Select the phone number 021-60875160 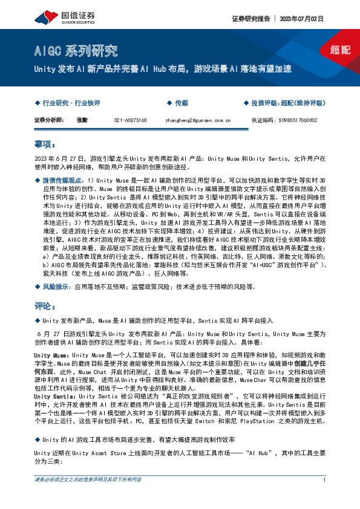[130, 120]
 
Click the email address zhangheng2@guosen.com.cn [189, 120]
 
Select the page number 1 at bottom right [325, 497]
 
